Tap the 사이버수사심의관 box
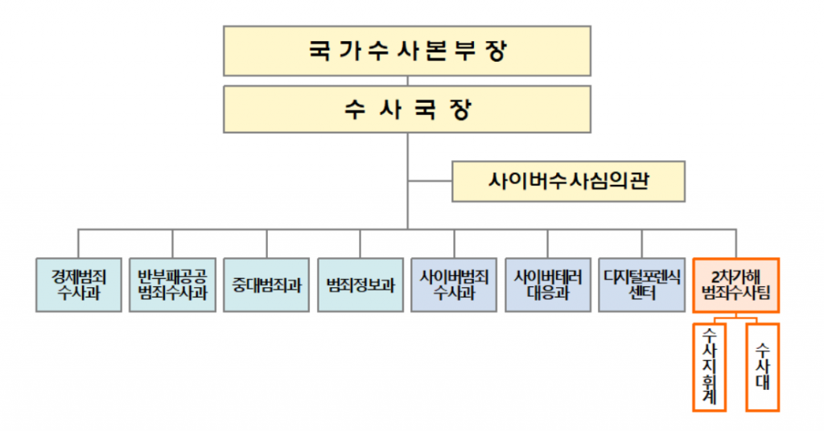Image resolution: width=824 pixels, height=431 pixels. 568,182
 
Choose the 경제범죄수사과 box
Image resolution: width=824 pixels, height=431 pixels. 78,284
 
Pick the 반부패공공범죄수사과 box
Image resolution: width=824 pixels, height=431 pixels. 172,284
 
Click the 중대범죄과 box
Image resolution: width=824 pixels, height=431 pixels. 266,284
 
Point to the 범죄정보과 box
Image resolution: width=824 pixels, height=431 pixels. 360,284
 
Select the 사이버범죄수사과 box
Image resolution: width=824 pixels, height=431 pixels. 454,284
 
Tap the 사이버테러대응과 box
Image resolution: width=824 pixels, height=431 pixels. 548,284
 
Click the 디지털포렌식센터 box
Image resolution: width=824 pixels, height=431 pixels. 642,284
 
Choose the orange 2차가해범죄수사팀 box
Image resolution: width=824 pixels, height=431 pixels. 736,284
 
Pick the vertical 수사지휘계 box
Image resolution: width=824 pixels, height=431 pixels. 710,367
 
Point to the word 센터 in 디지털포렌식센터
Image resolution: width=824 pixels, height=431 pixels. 642,293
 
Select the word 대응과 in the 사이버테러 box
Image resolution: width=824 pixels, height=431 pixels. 548,293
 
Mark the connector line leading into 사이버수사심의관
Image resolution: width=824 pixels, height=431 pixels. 430,182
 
